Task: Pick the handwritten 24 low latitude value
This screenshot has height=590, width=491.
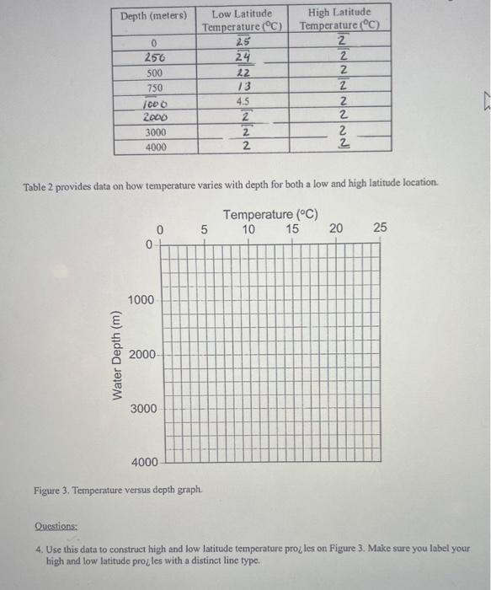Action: click(243, 57)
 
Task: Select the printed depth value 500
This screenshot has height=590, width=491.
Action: click(154, 72)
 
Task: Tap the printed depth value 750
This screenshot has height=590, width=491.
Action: click(154, 88)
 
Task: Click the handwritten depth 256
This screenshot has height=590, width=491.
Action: click(154, 57)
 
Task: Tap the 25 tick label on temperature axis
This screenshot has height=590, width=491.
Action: click(380, 228)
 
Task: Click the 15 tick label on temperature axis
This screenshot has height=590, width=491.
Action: click(292, 228)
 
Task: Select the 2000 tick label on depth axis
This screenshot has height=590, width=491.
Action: click(141, 355)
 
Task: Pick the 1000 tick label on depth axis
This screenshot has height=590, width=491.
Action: click(141, 301)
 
